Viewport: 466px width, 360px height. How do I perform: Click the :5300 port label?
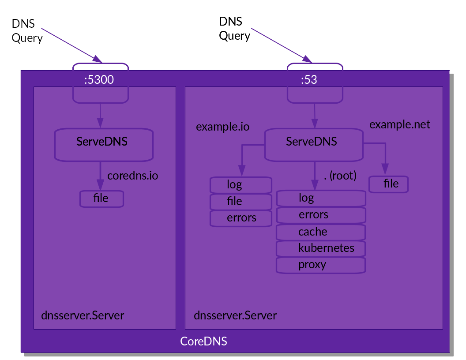click(x=99, y=80)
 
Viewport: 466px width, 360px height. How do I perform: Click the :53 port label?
click(x=309, y=80)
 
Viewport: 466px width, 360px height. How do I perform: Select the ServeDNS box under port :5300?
click(x=104, y=144)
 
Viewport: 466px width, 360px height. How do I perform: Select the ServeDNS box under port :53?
click(x=313, y=144)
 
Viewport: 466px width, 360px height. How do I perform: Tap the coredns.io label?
click(x=132, y=176)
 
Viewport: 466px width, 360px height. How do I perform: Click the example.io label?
click(x=223, y=127)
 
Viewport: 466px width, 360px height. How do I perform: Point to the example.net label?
click(x=399, y=124)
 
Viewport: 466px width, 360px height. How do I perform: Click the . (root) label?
click(x=340, y=176)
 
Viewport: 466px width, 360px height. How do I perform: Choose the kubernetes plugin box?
click(x=321, y=248)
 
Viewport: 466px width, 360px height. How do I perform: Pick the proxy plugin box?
click(x=321, y=265)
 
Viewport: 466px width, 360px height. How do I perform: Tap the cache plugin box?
click(x=321, y=232)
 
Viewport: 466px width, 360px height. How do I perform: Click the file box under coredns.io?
click(x=101, y=199)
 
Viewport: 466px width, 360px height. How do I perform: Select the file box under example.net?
click(x=389, y=184)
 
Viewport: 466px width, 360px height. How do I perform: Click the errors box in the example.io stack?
click(x=241, y=218)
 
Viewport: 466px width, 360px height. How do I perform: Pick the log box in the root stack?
click(x=321, y=198)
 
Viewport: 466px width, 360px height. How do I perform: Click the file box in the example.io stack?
click(x=241, y=202)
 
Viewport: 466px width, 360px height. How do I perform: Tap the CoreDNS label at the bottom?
click(x=203, y=341)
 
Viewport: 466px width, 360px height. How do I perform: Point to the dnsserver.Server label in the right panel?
click(x=235, y=315)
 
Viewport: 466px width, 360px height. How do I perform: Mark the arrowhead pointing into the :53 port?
click(x=307, y=59)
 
